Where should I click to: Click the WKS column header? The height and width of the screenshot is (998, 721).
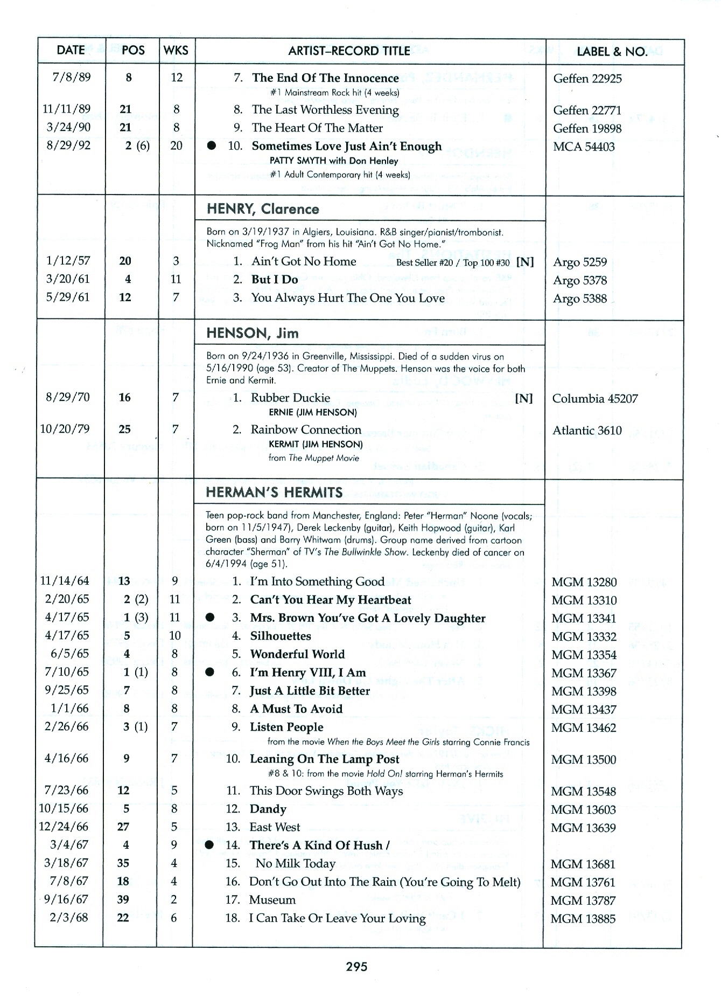pyautogui.click(x=176, y=51)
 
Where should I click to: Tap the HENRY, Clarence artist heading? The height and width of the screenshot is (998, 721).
pyautogui.click(x=263, y=209)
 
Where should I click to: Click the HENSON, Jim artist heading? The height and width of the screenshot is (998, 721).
pyautogui.click(x=253, y=333)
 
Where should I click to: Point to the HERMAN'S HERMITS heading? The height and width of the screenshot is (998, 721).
pyautogui.click(x=275, y=493)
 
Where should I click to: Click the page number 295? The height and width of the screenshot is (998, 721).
pyautogui.click(x=356, y=967)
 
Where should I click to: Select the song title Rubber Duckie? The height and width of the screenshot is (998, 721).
pyautogui.click(x=290, y=398)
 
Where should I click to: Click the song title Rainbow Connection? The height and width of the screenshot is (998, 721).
pyautogui.click(x=306, y=429)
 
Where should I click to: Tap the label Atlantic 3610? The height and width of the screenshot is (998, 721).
pyautogui.click(x=587, y=431)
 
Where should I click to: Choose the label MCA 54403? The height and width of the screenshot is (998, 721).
pyautogui.click(x=584, y=147)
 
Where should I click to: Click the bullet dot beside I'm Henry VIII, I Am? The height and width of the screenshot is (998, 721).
pyautogui.click(x=211, y=672)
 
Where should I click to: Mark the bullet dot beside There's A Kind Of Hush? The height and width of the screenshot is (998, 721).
pyautogui.click(x=211, y=844)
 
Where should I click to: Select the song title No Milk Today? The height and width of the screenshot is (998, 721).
pyautogui.click(x=296, y=863)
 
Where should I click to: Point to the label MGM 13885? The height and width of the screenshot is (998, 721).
pyautogui.click(x=583, y=919)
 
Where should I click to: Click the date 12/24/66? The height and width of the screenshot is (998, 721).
pyautogui.click(x=64, y=827)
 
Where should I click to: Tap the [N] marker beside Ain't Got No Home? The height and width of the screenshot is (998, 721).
pyautogui.click(x=524, y=262)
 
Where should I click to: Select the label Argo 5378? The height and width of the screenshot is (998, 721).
pyautogui.click(x=580, y=280)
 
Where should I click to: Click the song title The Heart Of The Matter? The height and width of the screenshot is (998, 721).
pyautogui.click(x=317, y=128)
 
